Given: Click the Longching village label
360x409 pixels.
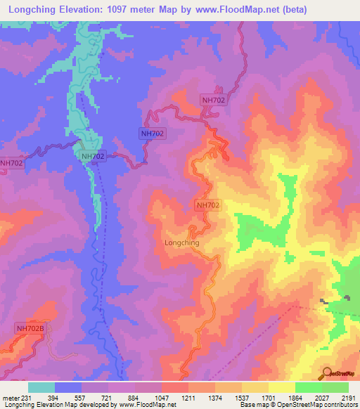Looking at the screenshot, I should (181, 242).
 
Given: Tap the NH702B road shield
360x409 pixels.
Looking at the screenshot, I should (30, 328).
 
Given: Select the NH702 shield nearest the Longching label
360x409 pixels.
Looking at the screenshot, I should (207, 205).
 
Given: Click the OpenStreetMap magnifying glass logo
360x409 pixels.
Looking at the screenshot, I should (328, 373).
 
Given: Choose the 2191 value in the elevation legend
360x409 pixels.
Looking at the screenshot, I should (349, 398).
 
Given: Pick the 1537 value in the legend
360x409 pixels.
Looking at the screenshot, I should (242, 398).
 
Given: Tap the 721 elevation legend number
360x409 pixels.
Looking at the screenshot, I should (108, 398).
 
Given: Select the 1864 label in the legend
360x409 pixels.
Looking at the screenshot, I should (295, 398).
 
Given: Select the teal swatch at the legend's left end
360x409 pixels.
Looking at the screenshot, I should (41, 387).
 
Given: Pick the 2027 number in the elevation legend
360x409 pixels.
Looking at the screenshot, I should (322, 398).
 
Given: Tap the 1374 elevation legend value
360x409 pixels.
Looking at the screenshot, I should (215, 398).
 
